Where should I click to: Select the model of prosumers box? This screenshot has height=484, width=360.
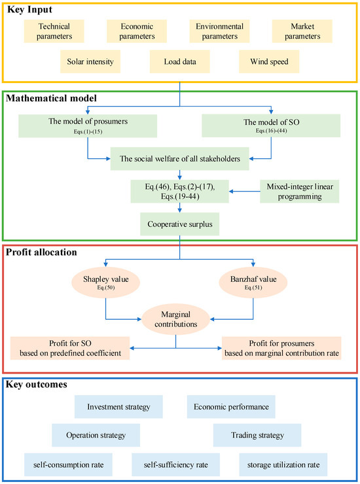pyautogui.click(x=88, y=125)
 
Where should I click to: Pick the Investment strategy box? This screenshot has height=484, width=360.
pyautogui.click(x=124, y=406)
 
